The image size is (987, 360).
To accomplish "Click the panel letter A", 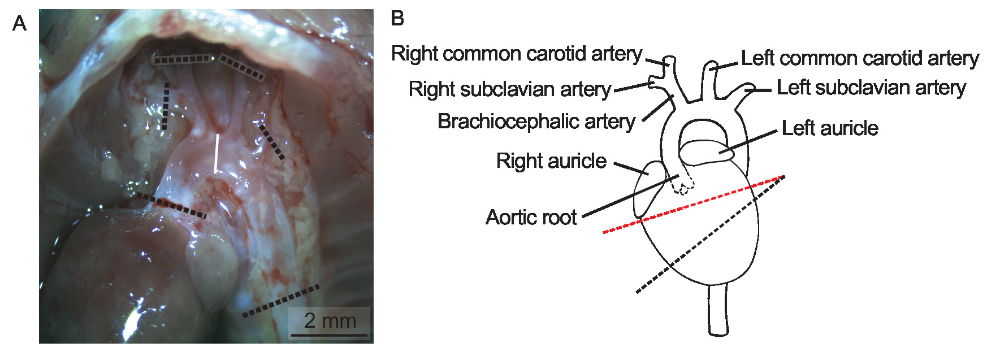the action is [x=19, y=24].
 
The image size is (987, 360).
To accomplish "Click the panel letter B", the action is [x=397, y=19].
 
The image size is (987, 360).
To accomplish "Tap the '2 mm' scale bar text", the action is [x=330, y=320].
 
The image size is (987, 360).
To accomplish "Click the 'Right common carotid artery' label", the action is [x=517, y=54].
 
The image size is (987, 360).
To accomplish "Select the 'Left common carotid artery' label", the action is [x=860, y=58].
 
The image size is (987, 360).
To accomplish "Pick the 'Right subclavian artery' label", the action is [x=510, y=89].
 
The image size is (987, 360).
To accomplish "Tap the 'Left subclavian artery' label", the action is [x=871, y=88].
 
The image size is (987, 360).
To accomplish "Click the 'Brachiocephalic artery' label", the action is [x=536, y=122].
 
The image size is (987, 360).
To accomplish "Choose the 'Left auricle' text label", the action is [x=830, y=128].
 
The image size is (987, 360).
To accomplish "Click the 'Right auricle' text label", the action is [x=551, y=161].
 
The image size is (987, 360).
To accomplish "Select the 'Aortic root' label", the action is [x=531, y=217].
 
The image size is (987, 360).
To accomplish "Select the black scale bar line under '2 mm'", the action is [x=330, y=335].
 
